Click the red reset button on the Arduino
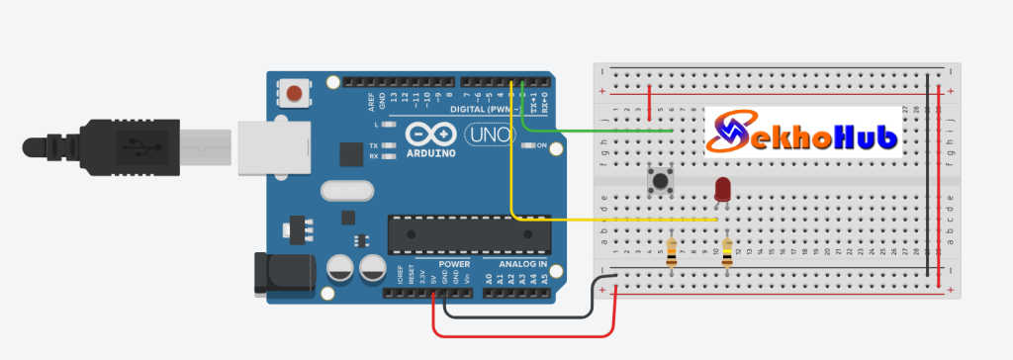coord(294,95)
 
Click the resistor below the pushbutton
coord(672,253)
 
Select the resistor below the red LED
coord(728,253)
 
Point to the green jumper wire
coord(594,131)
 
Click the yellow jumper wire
coord(613,219)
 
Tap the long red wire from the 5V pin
coord(524,336)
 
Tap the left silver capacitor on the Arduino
coord(340,267)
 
